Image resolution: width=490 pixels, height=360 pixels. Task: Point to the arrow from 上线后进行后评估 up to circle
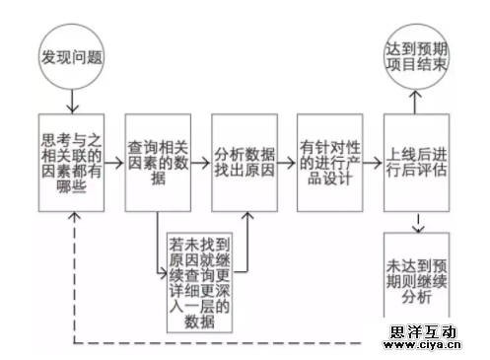pyautogui.click(x=415, y=102)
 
